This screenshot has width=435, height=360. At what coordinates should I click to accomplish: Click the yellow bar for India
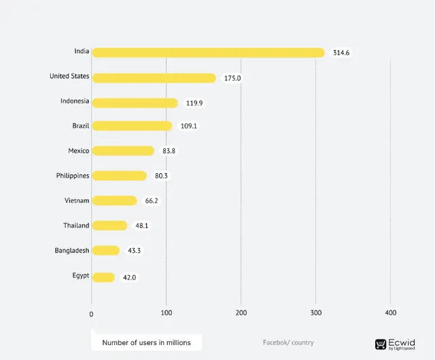[x=208, y=52]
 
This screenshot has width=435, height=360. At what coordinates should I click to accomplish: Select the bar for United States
[x=154, y=77]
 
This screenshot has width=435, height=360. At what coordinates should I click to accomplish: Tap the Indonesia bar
[x=135, y=103]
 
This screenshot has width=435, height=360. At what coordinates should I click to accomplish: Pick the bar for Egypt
[x=103, y=276]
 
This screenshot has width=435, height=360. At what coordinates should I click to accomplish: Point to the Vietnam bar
[x=114, y=200]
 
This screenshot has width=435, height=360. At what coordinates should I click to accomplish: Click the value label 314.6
[x=341, y=53]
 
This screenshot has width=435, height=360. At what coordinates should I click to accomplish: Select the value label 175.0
[x=232, y=78]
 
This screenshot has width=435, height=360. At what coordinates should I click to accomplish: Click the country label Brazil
[x=81, y=126]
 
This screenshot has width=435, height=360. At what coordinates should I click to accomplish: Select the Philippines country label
[x=73, y=175]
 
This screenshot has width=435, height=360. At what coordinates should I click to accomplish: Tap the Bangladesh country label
[x=72, y=251]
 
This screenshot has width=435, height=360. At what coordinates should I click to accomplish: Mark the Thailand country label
[x=76, y=226]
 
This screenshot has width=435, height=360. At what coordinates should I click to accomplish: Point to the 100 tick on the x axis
[x=167, y=312]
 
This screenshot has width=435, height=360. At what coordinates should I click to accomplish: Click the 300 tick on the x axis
[x=315, y=312]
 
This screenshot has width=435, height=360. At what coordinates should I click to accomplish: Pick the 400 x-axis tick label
[x=390, y=312]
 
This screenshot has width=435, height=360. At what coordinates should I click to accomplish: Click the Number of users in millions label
[x=146, y=342]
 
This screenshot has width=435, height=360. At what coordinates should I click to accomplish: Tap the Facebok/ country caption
[x=288, y=342]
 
